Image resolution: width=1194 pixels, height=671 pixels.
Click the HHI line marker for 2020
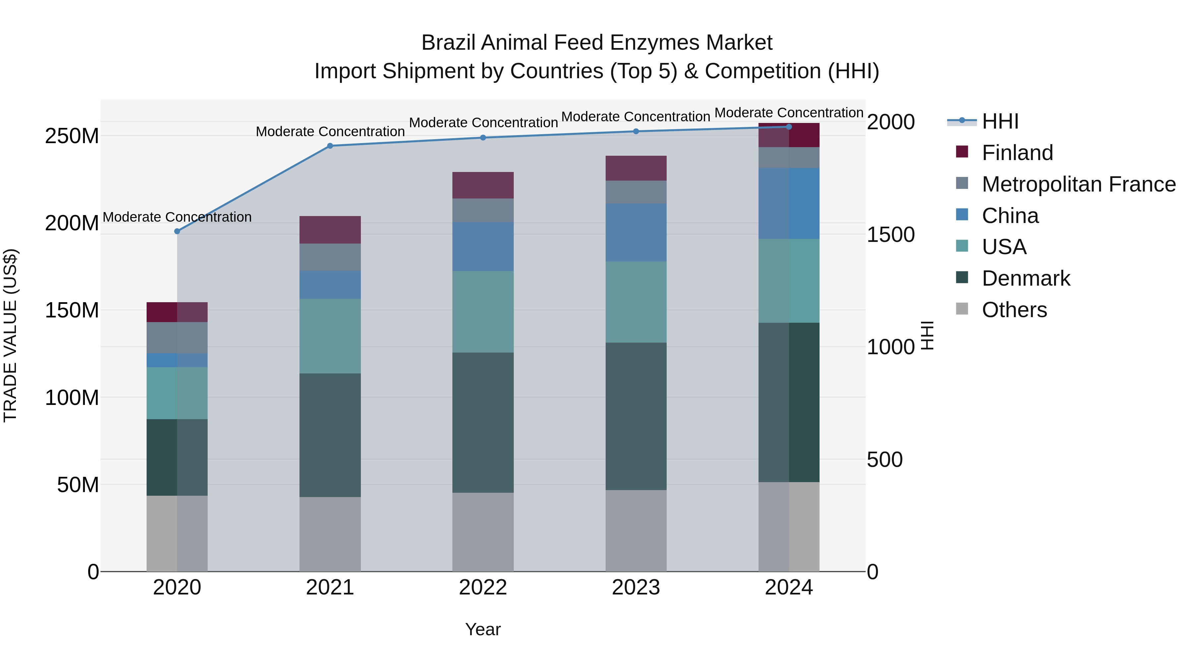click(177, 231)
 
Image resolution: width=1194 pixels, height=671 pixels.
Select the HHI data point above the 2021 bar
click(330, 146)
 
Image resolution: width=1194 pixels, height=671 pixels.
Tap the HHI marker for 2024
click(789, 127)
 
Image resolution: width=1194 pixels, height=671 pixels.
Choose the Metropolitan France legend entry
click(1078, 184)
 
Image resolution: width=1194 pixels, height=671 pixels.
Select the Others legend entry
click(1014, 310)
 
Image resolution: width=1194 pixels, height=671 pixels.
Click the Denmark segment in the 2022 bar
click(483, 422)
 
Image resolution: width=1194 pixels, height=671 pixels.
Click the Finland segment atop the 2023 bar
click(636, 168)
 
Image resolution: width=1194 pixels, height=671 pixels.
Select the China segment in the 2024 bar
click(789, 203)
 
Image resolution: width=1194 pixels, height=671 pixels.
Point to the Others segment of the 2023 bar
click(636, 531)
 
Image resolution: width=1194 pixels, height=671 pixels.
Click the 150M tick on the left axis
click(72, 310)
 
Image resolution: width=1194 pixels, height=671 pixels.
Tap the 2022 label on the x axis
click(483, 587)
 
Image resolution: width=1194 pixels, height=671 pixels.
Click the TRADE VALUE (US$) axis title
click(10, 335)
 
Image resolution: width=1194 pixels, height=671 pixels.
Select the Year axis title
click(483, 629)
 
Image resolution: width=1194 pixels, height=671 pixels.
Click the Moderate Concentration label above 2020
click(177, 217)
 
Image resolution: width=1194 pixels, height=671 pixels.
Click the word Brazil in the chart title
click(448, 43)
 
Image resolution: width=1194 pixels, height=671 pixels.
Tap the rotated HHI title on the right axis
click(927, 335)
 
